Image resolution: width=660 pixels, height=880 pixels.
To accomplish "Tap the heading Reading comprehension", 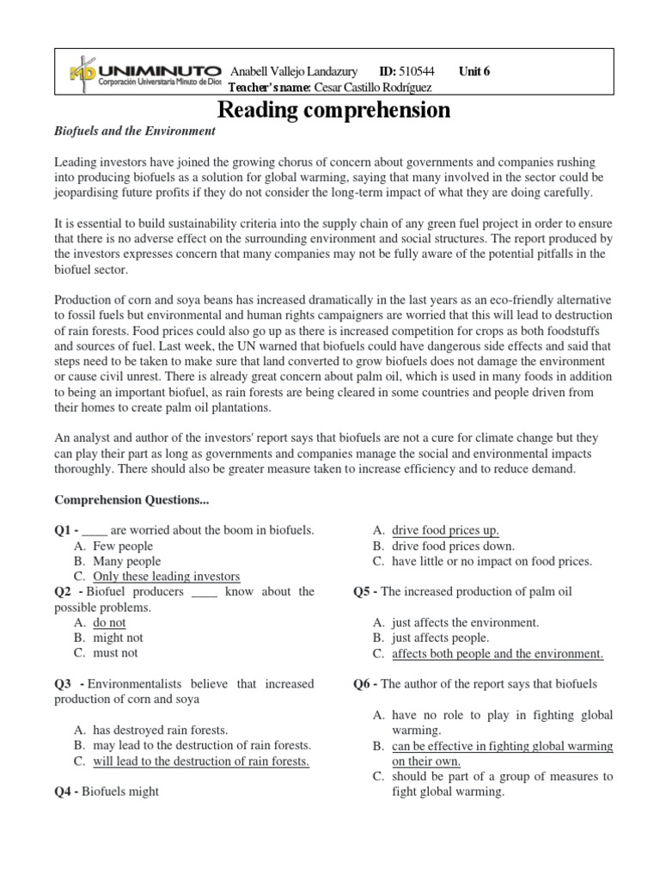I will pos(333,110).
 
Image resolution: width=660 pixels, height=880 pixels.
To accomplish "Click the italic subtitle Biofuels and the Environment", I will pos(134,131).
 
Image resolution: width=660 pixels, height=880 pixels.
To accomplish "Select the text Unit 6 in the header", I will pos(474,71).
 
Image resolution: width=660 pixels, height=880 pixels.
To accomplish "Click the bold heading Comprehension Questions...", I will pos(131,499).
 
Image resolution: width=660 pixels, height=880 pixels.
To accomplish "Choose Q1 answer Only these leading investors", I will pos(166,577).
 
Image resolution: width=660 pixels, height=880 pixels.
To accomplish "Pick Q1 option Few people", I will pos(123,546).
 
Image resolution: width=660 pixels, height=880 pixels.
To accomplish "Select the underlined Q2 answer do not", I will pos(109,622).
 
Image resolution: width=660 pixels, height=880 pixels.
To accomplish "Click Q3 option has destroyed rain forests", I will pos(161,730).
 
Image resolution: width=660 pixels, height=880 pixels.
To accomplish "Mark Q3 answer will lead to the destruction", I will pos(201,761).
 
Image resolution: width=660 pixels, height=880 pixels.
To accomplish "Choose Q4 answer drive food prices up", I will pos(445,530).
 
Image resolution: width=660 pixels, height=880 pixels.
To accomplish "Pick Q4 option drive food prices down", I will pos(453,546).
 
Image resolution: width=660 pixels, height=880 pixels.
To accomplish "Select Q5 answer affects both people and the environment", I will pos(498,654).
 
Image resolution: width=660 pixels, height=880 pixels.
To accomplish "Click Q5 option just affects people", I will pos(440,638).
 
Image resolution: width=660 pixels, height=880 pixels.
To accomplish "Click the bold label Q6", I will pos(364,684).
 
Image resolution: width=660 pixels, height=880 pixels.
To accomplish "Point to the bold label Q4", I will pos(66,791).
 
